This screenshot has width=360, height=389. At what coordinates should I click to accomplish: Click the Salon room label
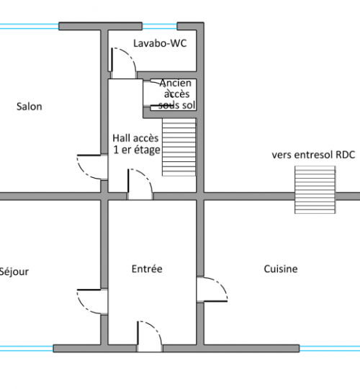[30, 107]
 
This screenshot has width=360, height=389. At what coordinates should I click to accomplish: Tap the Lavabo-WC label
[160, 43]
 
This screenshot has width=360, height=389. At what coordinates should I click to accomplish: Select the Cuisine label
[281, 269]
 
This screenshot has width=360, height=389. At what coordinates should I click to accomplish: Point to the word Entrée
[147, 269]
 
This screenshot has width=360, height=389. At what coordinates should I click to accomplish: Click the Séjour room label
[14, 272]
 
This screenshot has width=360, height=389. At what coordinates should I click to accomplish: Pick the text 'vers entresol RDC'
[313, 155]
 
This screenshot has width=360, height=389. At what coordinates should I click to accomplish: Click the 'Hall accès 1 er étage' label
[136, 144]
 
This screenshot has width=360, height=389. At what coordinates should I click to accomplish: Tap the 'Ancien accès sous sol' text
[176, 94]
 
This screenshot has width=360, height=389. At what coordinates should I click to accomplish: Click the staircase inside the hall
[179, 147]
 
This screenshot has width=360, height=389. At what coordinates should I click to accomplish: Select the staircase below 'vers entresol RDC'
[315, 189]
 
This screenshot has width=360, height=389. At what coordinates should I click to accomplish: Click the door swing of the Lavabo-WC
[123, 63]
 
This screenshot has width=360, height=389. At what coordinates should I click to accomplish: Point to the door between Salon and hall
[92, 167]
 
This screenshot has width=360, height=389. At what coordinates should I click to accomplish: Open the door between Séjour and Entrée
[92, 302]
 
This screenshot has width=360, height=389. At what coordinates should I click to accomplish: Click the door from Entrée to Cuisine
[212, 290]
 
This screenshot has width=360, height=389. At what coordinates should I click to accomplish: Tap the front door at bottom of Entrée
[150, 336]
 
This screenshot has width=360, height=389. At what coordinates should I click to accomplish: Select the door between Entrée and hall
[140, 184]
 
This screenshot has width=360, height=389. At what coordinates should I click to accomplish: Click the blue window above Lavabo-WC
[160, 27]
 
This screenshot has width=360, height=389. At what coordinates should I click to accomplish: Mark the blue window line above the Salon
[30, 27]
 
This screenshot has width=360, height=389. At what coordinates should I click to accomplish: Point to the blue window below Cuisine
[330, 349]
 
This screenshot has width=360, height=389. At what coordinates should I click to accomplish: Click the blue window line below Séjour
[27, 349]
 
